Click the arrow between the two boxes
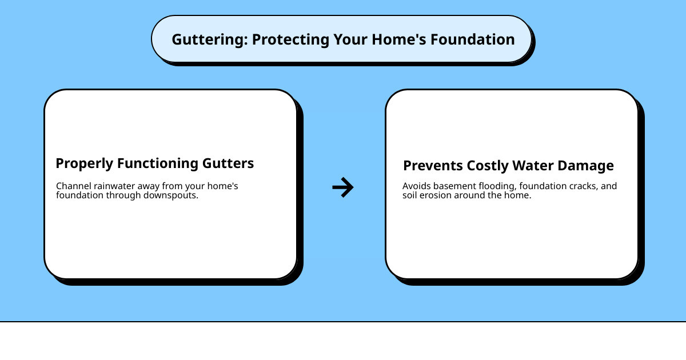click(343, 187)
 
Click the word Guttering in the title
click(209, 39)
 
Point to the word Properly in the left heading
click(84, 163)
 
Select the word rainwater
click(113, 186)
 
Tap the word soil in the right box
click(410, 195)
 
